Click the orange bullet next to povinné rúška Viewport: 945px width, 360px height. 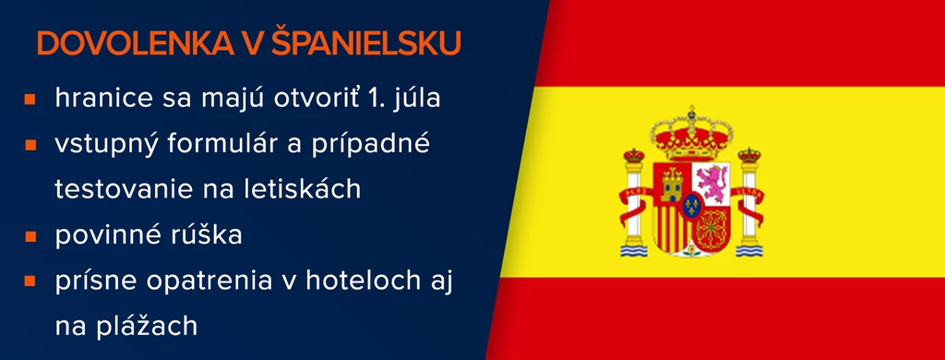click(x=30, y=235)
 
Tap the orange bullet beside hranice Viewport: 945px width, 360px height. click(x=30, y=100)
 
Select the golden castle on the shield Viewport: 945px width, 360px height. click(x=672, y=184)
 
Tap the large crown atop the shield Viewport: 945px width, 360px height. click(x=691, y=133)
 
